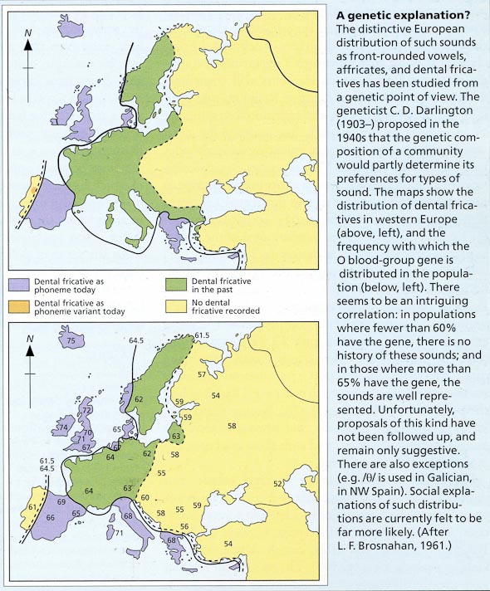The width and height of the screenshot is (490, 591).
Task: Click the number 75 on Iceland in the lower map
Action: point(71,341)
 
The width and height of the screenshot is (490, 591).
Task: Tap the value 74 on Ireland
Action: point(61,427)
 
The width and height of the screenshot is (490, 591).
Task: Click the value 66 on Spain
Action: point(51,517)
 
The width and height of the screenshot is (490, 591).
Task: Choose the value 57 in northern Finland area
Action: point(202,375)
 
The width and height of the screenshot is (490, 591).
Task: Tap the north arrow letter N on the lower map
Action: point(29,339)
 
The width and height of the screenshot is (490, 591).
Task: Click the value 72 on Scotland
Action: point(86,410)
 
